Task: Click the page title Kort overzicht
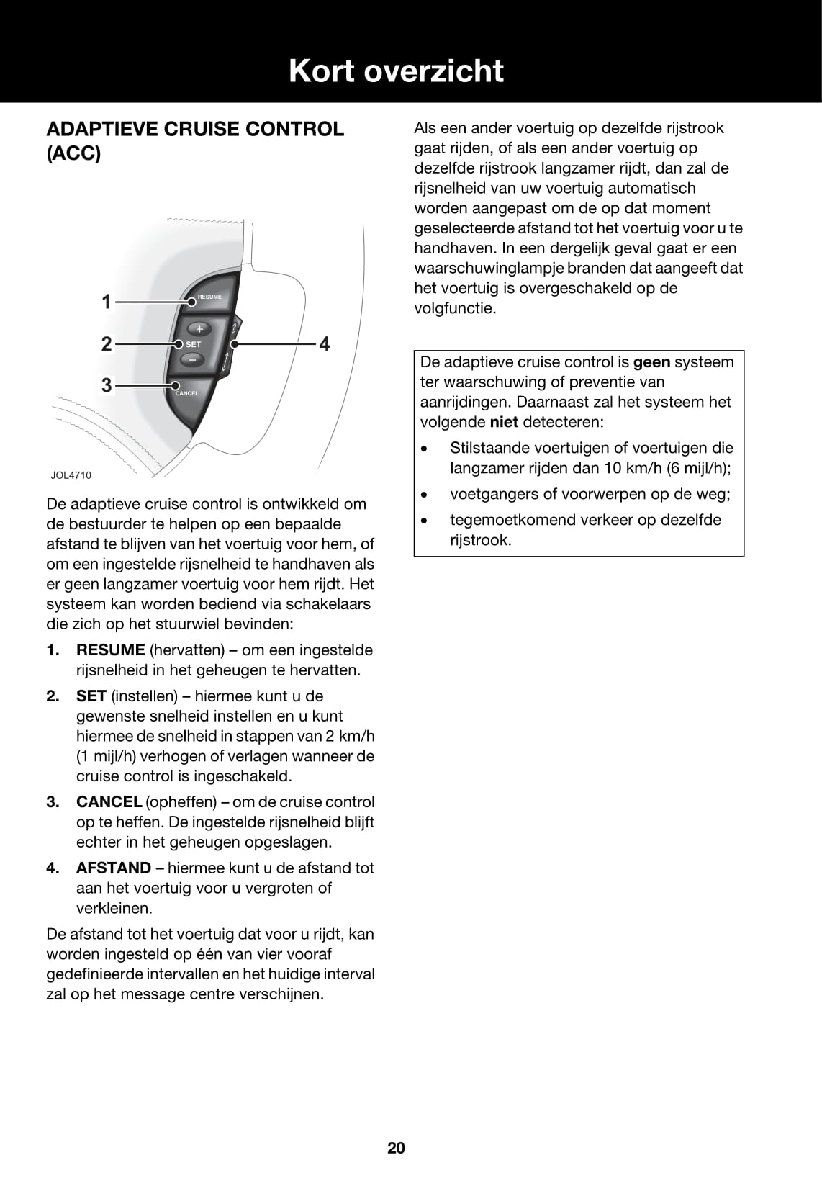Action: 396,71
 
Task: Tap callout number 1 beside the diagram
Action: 107,302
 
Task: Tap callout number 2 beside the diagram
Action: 107,343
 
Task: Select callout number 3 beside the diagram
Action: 107,385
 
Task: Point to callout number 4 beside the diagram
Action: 325,344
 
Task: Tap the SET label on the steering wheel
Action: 194,344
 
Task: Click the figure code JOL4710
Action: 71,475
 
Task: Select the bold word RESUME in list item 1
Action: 111,650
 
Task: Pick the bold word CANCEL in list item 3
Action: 109,802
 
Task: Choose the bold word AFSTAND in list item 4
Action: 114,868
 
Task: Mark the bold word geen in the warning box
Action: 651,362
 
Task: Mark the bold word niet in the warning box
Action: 504,422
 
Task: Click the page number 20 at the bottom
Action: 396,1148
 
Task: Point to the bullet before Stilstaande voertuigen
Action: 425,449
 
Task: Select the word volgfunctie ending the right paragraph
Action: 455,308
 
